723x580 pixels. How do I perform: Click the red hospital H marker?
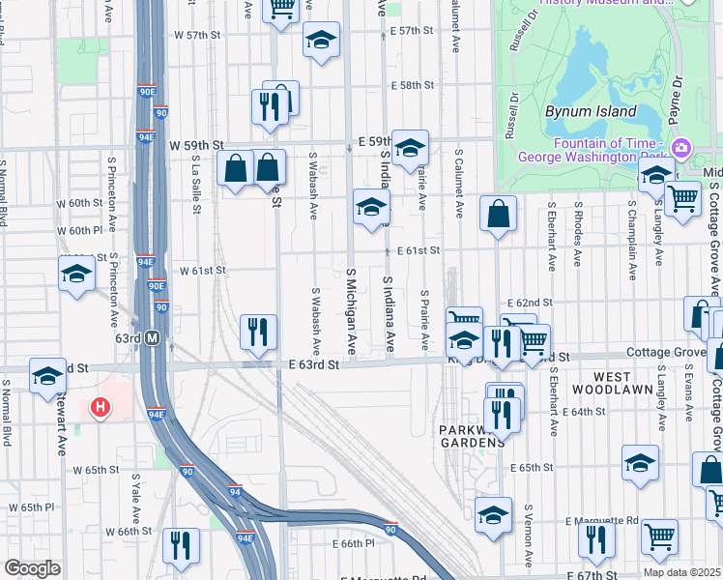pos(100,408)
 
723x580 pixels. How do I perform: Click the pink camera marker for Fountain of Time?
pos(681,147)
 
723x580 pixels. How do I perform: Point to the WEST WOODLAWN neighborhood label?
pos(599,382)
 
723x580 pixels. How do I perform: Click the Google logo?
pos(31,568)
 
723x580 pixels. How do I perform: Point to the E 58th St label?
pos(413,85)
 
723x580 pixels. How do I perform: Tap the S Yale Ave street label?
pos(134,493)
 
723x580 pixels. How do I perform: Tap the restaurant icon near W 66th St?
pos(180,546)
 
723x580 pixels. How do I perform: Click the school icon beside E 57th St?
pos(321,41)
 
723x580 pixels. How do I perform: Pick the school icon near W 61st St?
pos(76,275)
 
